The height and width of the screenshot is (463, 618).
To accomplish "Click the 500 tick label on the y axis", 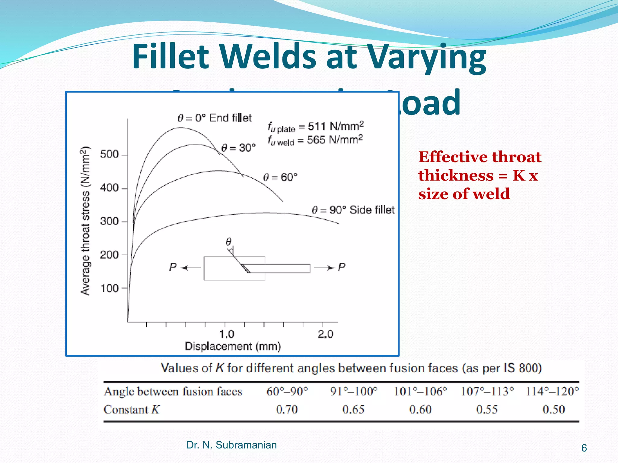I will [x=109, y=154].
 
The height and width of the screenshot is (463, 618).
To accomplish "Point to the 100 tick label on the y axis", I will [x=109, y=288].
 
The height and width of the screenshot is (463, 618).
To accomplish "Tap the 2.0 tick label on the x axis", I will [x=325, y=334].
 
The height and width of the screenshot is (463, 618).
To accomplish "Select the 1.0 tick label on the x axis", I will [x=227, y=334].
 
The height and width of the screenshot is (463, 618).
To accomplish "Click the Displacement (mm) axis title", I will [x=233, y=346].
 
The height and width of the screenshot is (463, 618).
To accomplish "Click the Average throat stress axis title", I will [x=85, y=221].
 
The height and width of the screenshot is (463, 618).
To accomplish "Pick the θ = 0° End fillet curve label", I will [x=214, y=118].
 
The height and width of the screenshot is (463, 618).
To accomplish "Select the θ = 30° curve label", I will [x=238, y=148].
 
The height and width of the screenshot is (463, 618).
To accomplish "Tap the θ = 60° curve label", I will [x=280, y=177].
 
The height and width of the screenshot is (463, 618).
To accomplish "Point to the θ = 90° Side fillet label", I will [x=353, y=210].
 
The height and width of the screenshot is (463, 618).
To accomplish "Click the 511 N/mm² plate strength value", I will [x=336, y=126].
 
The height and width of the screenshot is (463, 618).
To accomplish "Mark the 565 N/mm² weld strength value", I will [x=335, y=140].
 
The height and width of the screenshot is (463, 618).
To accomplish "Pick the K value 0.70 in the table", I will [x=287, y=409].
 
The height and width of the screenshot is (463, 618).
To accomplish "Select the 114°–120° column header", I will [x=552, y=391].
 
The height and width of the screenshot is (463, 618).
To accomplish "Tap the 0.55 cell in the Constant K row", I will [x=487, y=409].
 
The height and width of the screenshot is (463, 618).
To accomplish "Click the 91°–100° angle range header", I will [x=354, y=391].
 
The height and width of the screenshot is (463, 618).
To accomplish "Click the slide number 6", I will [x=584, y=448].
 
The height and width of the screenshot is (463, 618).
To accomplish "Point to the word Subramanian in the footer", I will [x=246, y=445].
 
